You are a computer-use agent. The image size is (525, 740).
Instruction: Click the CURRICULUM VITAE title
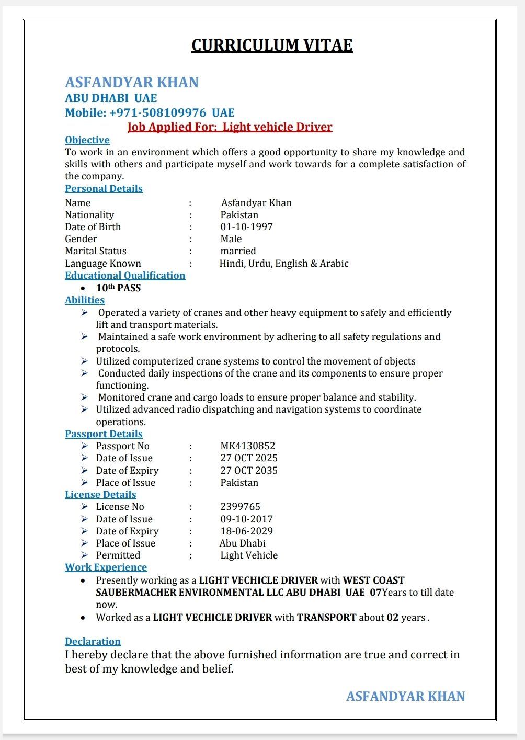coord(272,45)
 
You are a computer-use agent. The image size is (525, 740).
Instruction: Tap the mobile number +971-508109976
coord(157,112)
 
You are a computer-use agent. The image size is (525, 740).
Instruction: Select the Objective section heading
coord(87,140)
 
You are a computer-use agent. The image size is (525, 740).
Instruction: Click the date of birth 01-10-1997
coord(246,226)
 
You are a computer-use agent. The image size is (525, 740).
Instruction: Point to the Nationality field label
coord(89,214)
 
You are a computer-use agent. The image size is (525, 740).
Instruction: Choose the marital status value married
coord(238,251)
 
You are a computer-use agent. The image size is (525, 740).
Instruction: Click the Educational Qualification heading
coord(125,275)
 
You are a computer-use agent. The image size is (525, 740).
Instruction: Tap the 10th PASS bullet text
coord(118,288)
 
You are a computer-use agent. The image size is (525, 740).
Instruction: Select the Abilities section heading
coord(85,300)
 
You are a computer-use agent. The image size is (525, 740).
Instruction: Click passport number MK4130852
coord(247,446)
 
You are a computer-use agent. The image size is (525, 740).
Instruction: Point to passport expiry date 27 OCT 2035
coord(249,470)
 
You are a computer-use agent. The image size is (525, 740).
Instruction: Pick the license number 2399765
coord(240,506)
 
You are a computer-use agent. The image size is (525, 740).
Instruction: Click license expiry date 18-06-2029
coord(246,531)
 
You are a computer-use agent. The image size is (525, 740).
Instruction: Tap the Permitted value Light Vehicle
coord(249,555)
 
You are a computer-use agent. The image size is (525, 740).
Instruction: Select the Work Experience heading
coord(106,567)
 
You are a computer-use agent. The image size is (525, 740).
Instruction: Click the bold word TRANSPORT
coord(327,617)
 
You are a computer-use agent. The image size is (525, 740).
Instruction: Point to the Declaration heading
coord(93,641)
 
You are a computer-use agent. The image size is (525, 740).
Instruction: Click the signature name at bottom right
coord(405,696)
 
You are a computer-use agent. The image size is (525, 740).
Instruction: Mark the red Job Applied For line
coord(230,127)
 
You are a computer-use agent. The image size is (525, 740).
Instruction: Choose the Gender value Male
coord(231,238)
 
